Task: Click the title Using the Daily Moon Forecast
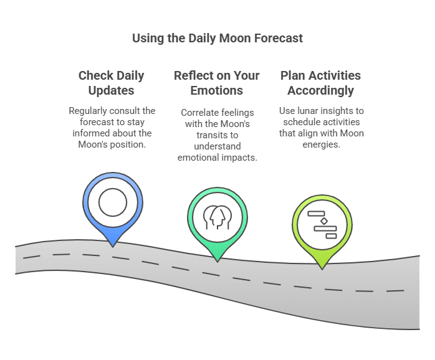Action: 217,38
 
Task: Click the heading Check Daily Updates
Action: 111,83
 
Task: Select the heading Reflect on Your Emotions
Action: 216,83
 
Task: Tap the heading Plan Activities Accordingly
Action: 320,83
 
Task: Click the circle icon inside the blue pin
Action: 113,202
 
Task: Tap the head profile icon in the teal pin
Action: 217,216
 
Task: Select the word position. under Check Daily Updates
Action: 131,144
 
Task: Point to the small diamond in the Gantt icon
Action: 323,221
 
